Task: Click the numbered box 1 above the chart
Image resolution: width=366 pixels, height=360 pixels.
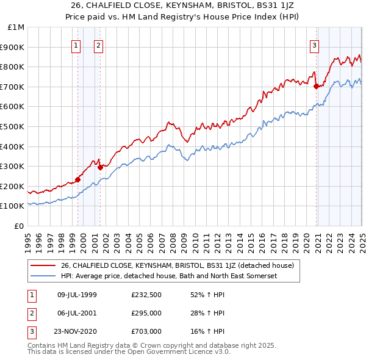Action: (76, 44)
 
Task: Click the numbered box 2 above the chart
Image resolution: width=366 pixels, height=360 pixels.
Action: (98, 44)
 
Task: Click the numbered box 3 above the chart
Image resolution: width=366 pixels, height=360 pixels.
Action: (314, 44)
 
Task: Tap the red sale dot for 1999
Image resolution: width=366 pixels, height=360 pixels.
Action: (78, 179)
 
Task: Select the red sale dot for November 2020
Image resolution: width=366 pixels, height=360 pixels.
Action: (317, 86)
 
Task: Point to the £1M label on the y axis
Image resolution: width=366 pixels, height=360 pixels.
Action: (16, 27)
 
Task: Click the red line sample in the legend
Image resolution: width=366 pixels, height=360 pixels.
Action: (43, 265)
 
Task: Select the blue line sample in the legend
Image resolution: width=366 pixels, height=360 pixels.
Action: (43, 276)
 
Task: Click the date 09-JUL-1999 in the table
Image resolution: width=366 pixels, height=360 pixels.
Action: (77, 294)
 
